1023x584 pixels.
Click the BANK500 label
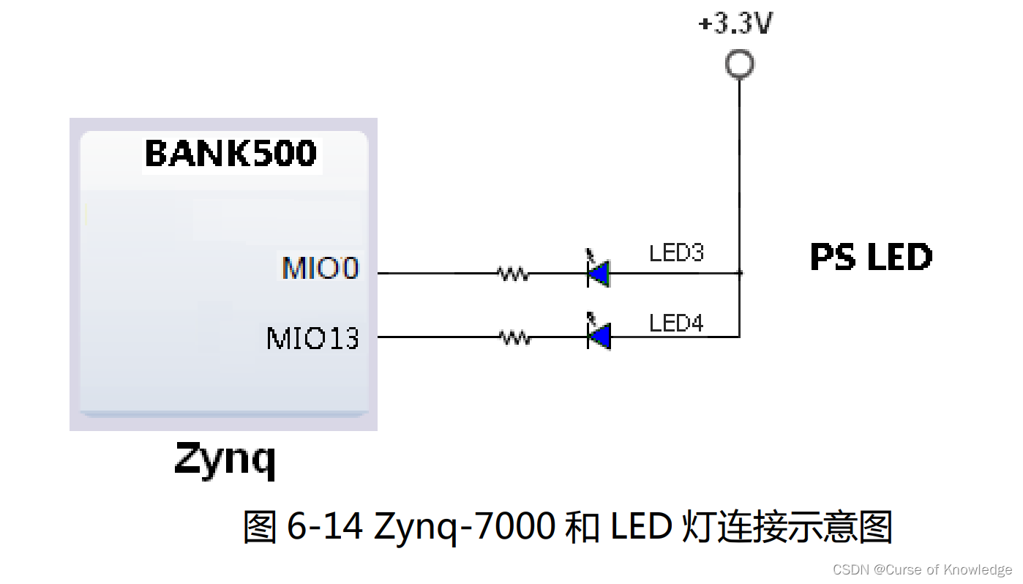231,154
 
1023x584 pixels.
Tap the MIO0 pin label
321,269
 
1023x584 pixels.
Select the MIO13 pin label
312,338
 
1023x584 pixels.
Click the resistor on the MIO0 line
513,274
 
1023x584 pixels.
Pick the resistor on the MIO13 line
514,337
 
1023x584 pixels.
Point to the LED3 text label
676,253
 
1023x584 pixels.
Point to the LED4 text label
676,323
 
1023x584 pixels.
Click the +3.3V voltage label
735,25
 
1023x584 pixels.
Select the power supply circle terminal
739,64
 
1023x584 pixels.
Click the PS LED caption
871,257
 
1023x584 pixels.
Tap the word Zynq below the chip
225,460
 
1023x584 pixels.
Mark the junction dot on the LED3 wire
740,273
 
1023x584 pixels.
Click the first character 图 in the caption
259,526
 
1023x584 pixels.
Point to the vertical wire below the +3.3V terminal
739,176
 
